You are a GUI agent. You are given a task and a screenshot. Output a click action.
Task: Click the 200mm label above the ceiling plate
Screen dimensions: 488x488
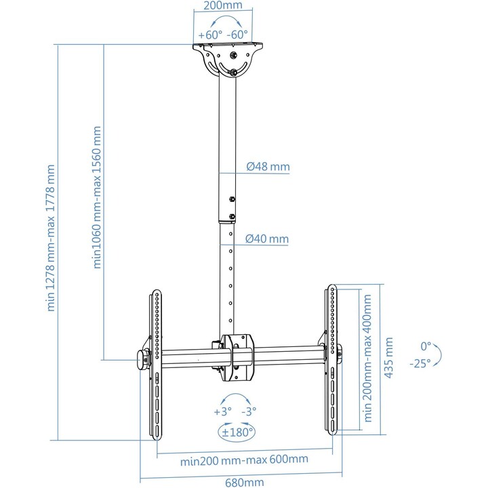point(222,5)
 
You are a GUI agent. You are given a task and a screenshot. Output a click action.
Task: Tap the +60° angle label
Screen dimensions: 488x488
point(210,35)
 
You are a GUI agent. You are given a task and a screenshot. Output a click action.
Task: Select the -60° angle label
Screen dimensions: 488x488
point(237,34)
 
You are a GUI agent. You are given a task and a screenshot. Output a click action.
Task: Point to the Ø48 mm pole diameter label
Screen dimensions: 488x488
point(268,167)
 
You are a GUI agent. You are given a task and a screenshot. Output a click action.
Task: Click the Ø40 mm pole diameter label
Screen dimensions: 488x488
point(267,239)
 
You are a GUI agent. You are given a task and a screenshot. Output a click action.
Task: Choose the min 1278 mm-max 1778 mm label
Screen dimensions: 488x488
point(50,238)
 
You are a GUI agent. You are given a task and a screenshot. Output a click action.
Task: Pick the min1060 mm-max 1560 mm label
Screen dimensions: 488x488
point(97,197)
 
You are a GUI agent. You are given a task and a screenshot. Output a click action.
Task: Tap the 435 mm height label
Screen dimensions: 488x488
point(389,358)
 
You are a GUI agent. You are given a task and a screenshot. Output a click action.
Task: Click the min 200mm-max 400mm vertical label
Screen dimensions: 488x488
point(367,359)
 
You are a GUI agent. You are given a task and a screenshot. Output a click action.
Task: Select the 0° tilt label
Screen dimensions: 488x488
point(426,346)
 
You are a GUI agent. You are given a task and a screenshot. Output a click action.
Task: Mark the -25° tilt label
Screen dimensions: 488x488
point(420,363)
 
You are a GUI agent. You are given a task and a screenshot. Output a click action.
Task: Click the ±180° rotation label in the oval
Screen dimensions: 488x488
point(237,432)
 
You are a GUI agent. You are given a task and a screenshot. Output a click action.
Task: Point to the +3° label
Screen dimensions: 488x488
point(223,411)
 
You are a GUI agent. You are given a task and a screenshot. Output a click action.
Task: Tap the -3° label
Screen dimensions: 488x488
point(249,411)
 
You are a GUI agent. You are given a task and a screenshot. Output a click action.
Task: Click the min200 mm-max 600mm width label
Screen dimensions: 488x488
point(244,460)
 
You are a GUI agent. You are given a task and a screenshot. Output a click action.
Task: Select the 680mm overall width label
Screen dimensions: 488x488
point(244,483)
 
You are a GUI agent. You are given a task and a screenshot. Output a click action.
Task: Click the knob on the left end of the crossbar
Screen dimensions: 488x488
point(143,360)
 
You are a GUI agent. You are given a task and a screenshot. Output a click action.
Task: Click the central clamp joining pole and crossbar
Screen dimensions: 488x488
point(237,358)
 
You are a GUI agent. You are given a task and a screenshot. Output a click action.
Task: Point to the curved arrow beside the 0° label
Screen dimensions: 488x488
point(439,354)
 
